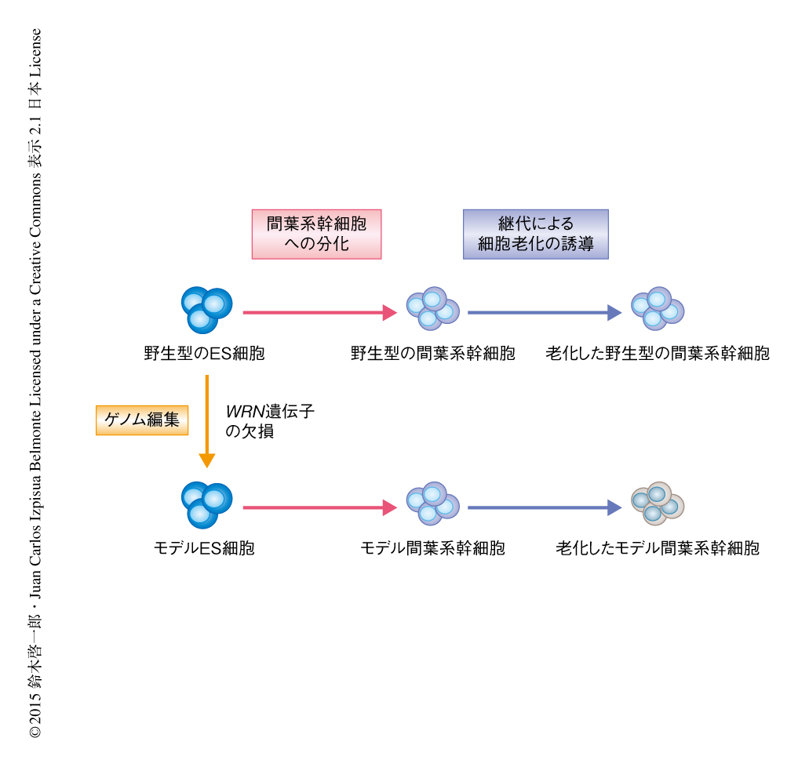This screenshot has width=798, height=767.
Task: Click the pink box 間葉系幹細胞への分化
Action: point(316,234)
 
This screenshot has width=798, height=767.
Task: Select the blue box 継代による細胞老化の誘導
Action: point(536,234)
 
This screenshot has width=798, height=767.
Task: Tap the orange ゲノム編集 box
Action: point(142,420)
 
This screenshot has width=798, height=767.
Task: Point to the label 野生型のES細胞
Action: point(204,354)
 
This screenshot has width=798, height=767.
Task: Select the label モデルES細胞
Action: point(204,548)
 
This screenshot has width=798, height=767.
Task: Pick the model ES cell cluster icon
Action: point(206,504)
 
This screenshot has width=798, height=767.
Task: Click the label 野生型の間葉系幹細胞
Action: point(432,354)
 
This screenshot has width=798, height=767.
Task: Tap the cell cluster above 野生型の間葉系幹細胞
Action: point(432,308)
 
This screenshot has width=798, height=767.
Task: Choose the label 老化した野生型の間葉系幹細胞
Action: point(658,354)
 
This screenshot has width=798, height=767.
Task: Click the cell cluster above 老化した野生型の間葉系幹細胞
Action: point(658,307)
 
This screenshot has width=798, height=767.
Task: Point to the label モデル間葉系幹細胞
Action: point(432,548)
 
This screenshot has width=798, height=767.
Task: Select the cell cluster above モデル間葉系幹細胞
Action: point(432,503)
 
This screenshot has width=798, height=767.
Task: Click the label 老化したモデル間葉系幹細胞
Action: point(658,548)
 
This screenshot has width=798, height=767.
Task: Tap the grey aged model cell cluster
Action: point(658,503)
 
